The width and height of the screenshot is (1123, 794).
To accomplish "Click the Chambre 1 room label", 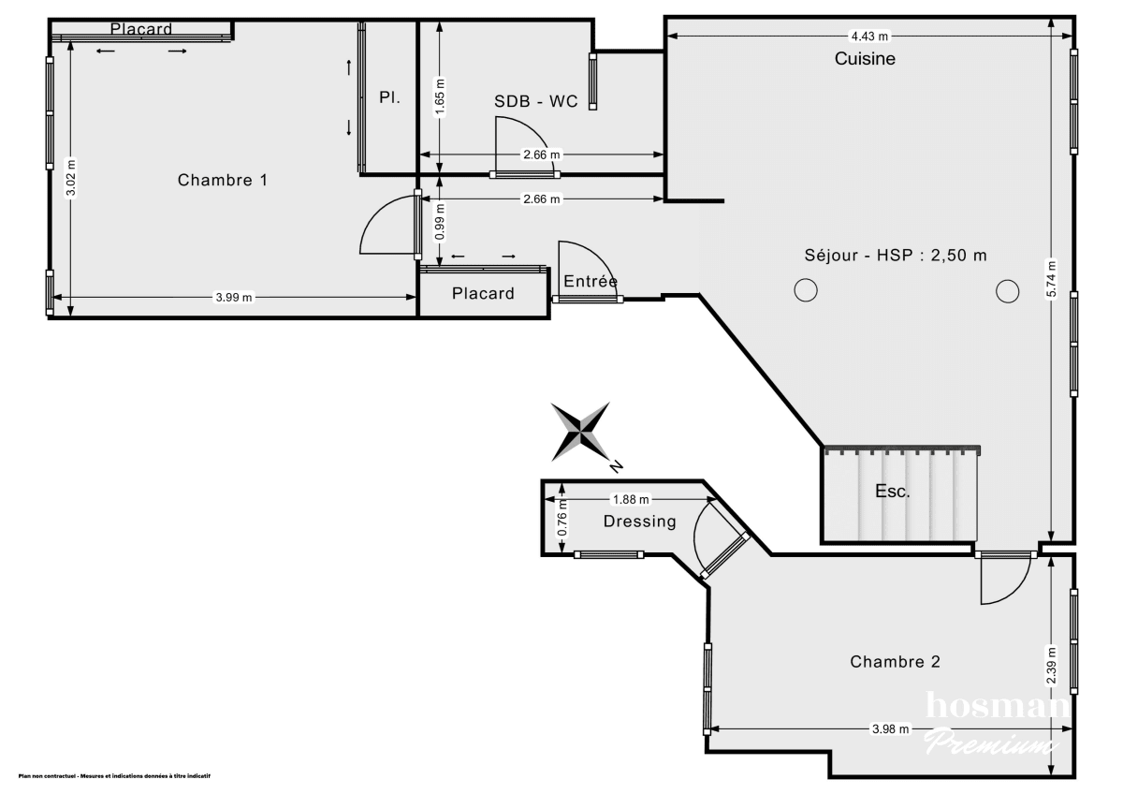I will (x=223, y=180).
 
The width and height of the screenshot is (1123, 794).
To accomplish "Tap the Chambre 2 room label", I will (x=895, y=662).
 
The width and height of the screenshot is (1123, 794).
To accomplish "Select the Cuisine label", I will (x=865, y=59).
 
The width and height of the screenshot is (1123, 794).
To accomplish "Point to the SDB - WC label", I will (x=536, y=101).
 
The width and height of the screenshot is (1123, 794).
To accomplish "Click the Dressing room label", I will (x=639, y=522).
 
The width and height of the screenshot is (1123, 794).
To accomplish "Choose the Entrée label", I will (x=590, y=281).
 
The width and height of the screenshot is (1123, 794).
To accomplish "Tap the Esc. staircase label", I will (x=892, y=492).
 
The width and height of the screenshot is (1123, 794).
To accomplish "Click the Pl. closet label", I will (x=389, y=97).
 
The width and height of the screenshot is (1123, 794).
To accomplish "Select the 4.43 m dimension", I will (x=868, y=36).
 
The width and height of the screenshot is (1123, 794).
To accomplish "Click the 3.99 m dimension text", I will (x=234, y=298).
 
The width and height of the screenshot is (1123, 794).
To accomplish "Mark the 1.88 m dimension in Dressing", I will (x=631, y=500).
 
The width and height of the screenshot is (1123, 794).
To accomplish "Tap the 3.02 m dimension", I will (x=71, y=178).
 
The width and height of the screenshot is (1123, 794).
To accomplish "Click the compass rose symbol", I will (x=582, y=432).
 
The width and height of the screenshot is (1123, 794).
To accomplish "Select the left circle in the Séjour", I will (x=805, y=291).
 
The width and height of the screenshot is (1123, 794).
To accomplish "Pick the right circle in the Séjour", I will (x=1007, y=291).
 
